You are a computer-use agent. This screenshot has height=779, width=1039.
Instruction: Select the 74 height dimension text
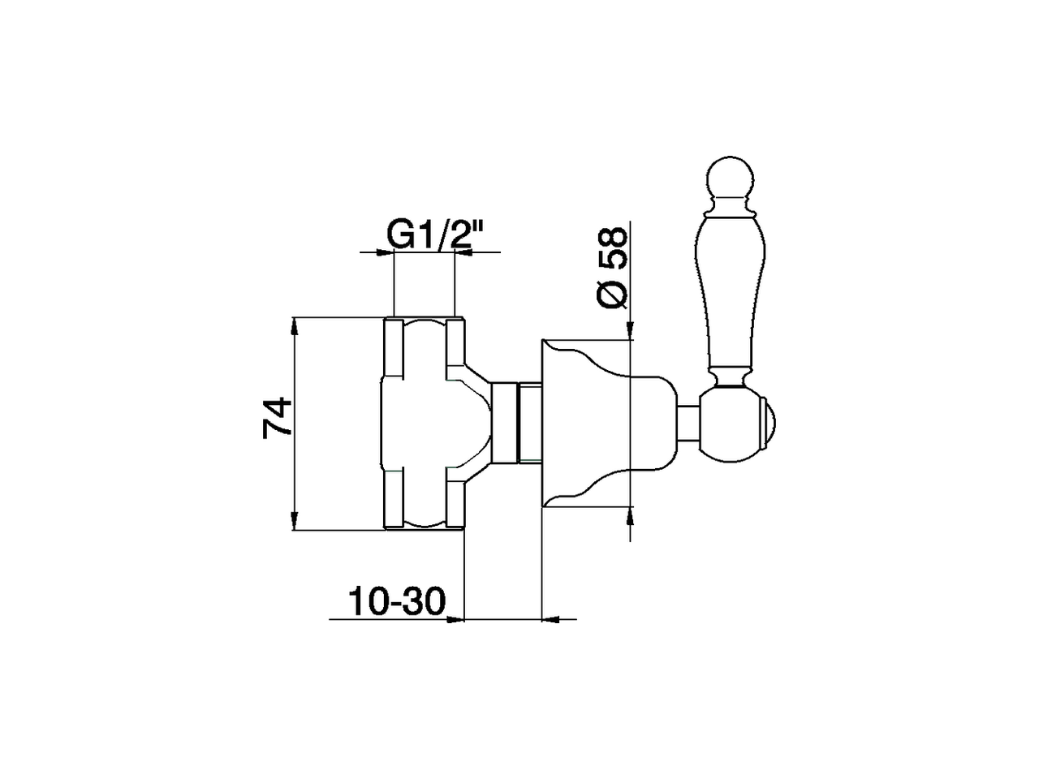click(278, 418)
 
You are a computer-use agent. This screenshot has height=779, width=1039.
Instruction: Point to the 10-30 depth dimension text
click(398, 601)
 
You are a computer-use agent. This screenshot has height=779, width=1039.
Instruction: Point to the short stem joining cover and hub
click(689, 424)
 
